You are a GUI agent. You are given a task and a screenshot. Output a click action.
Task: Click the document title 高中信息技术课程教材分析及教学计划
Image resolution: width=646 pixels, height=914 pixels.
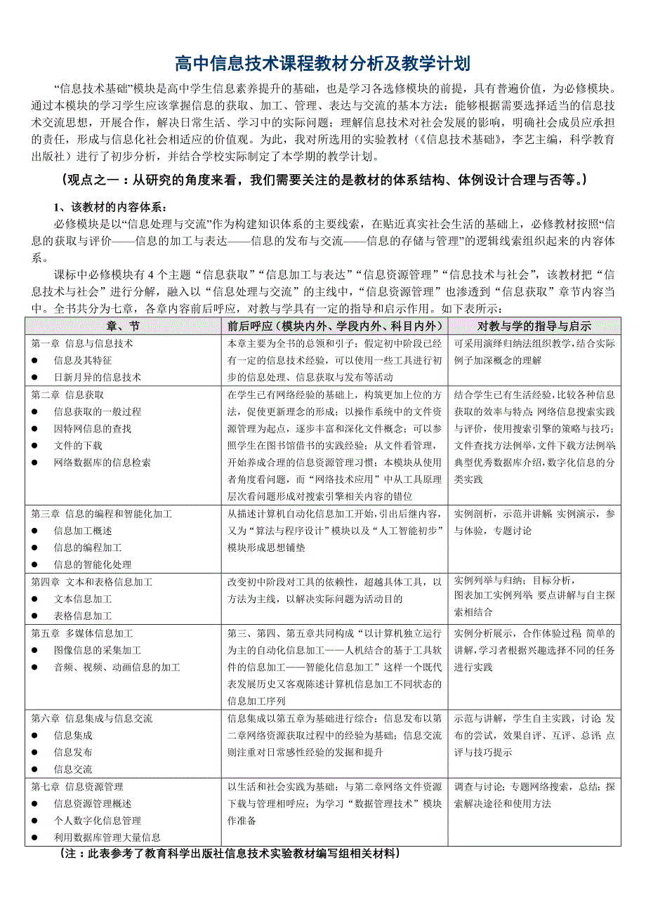[x=322, y=65]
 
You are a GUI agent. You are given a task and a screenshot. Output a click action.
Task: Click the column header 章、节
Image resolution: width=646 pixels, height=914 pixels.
[x=123, y=326]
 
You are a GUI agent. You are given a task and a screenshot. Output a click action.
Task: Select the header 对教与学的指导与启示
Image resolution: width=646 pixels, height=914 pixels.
[x=534, y=326]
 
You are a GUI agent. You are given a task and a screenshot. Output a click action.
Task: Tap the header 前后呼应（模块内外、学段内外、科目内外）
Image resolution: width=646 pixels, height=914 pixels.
[x=335, y=326]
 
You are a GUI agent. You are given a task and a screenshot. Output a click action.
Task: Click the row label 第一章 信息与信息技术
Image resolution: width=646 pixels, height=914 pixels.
[x=82, y=344]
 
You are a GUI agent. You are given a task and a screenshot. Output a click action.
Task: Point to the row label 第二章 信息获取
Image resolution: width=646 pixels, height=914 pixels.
[x=67, y=395]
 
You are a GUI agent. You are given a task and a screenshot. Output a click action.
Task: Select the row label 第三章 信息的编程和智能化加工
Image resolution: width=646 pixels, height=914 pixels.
[x=101, y=514]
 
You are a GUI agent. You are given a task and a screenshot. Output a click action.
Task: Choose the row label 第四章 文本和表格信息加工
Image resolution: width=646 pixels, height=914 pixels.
[x=91, y=582]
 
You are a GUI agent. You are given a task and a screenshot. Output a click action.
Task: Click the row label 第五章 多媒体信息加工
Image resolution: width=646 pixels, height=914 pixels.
[x=82, y=633]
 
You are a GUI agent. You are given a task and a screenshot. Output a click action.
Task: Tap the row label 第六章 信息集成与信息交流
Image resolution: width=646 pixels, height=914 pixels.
[x=91, y=718]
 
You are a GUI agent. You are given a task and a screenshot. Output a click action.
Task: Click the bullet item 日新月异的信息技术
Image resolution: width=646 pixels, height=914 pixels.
[x=97, y=378]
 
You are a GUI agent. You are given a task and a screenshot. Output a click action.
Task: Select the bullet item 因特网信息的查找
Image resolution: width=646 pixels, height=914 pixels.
[x=92, y=429]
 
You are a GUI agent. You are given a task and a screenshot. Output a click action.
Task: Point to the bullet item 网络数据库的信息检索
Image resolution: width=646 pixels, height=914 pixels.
[x=102, y=463]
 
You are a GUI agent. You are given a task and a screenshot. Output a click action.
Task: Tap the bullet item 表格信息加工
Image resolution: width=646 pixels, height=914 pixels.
[x=82, y=616]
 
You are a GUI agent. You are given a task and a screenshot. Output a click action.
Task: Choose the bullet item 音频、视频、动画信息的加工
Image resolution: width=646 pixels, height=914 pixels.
[x=117, y=668]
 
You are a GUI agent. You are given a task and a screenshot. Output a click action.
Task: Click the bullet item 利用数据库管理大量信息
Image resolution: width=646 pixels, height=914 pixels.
[x=107, y=837]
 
